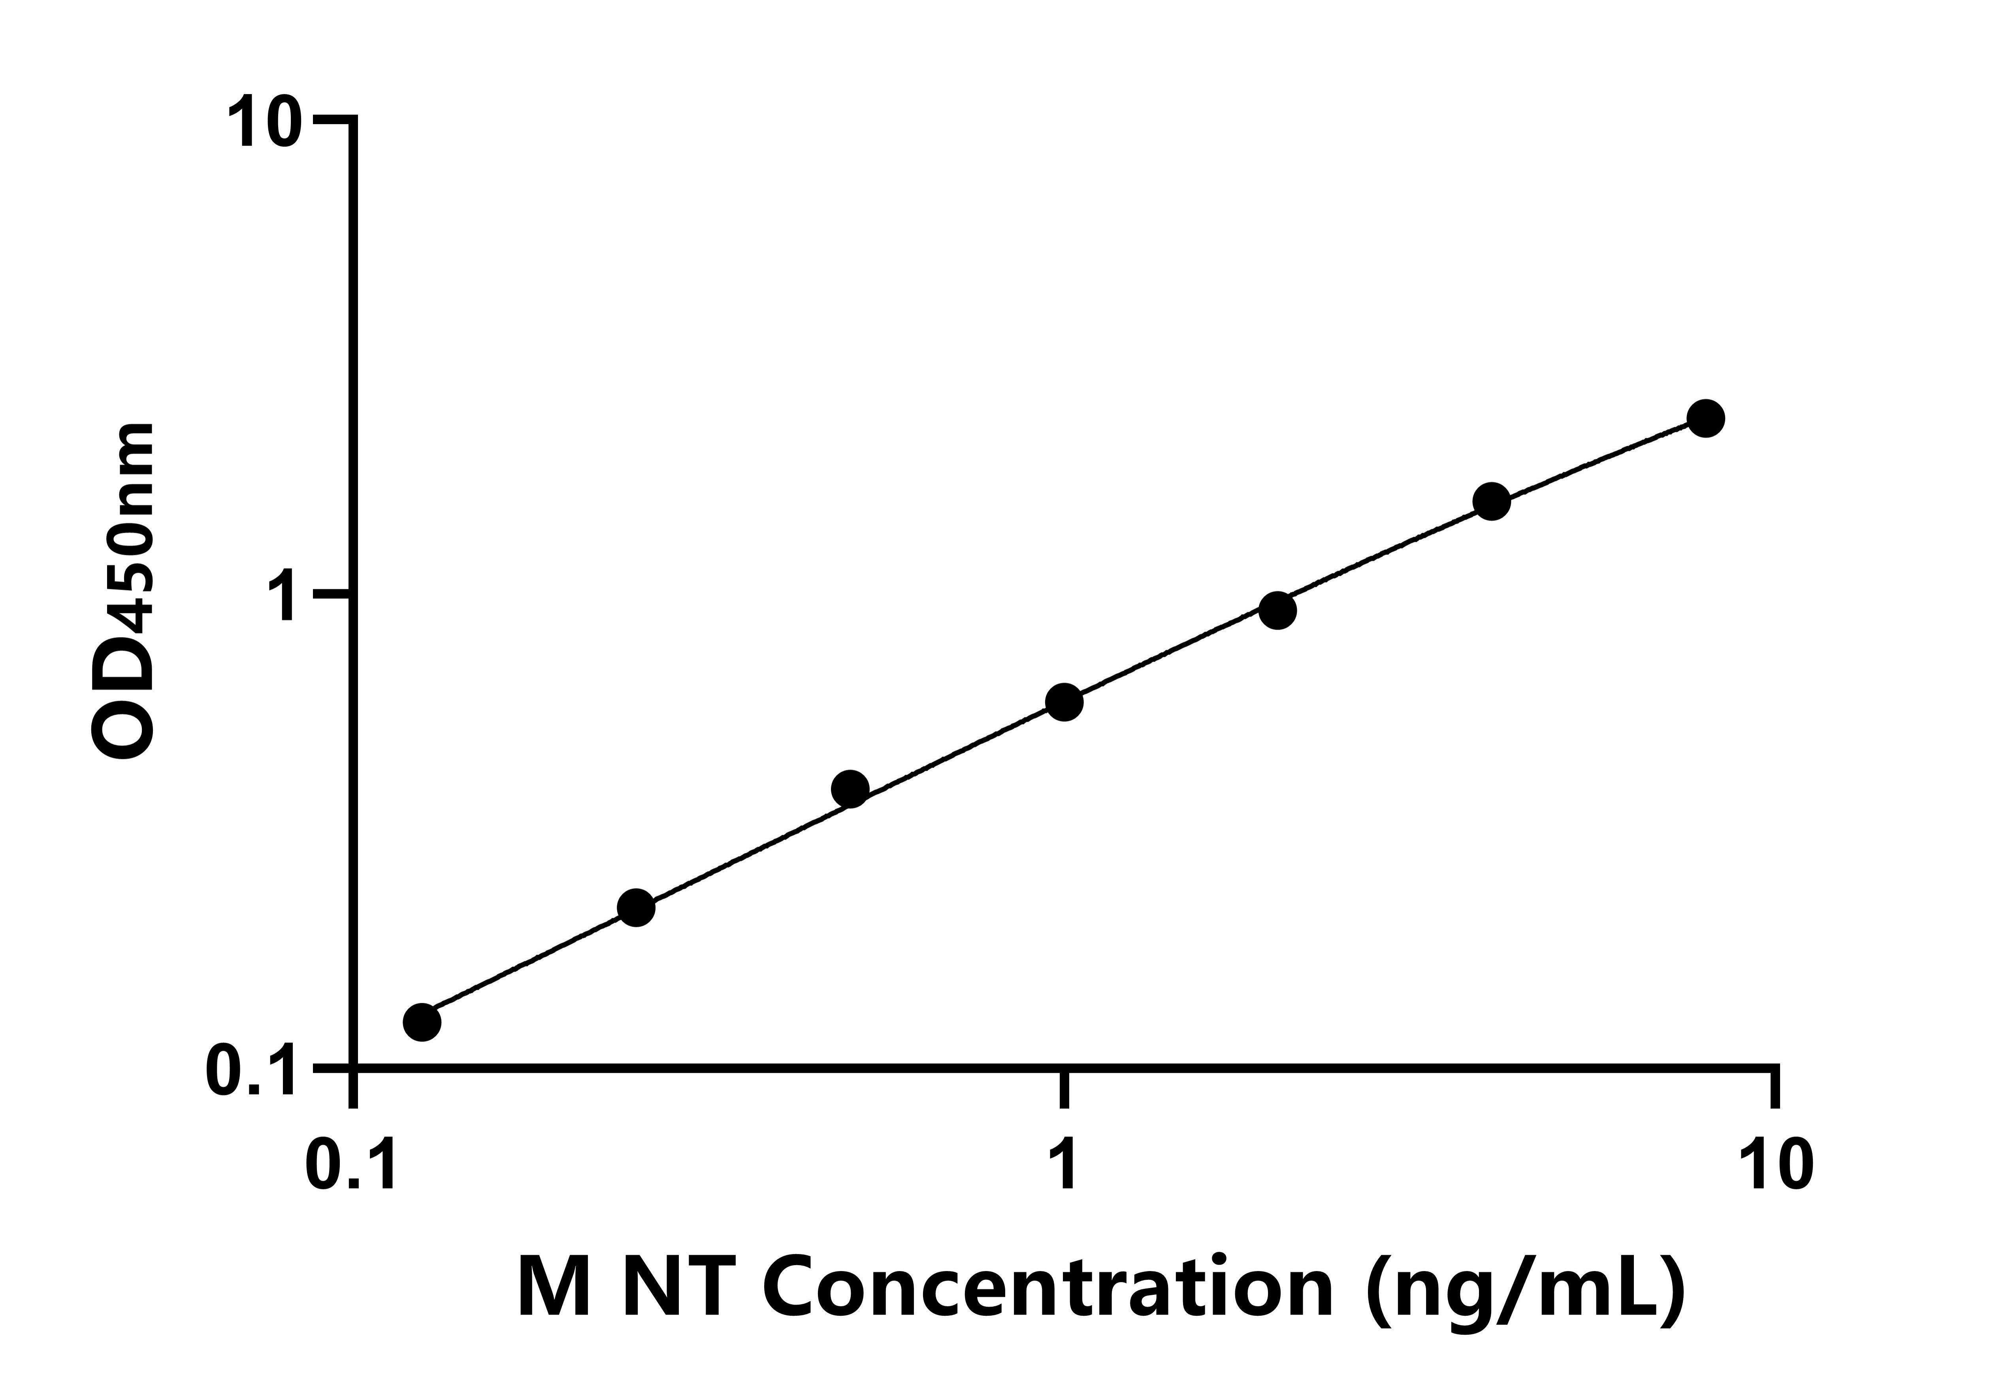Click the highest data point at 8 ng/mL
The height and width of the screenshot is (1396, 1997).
click(x=1706, y=418)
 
